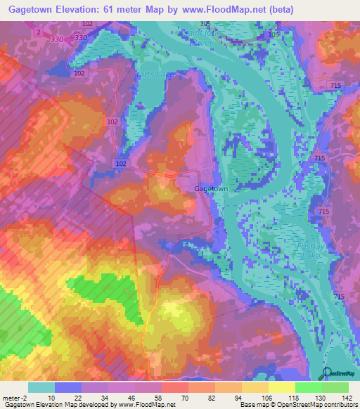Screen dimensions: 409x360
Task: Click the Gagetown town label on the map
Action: coord(211,189)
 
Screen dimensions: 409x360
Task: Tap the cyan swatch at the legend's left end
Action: coord(41,387)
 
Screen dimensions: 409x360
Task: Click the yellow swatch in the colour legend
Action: coord(281,387)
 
